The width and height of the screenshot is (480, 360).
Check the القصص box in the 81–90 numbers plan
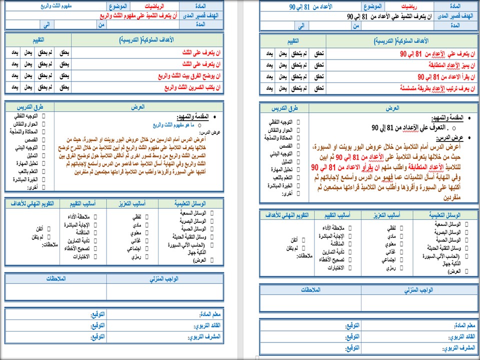coord(298,146)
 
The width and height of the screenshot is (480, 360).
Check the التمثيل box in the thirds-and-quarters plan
coord(43,155)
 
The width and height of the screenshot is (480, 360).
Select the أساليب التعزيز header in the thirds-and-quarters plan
coord(130,204)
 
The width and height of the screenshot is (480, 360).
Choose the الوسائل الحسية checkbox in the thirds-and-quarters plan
coord(212,228)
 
